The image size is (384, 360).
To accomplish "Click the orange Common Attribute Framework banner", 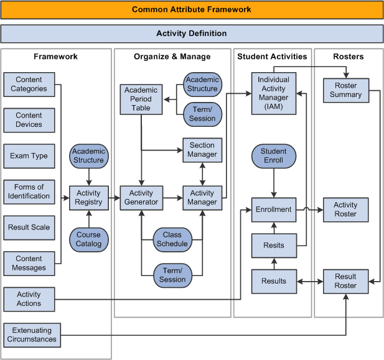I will (192, 10).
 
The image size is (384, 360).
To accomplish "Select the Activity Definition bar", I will (192, 34).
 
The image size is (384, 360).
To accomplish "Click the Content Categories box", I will (29, 85).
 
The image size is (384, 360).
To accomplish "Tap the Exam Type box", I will (29, 156).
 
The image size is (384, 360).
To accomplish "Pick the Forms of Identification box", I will (29, 192).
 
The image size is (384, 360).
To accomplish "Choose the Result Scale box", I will (29, 228).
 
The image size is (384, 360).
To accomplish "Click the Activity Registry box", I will (88, 198).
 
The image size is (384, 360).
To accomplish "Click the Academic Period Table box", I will (141, 99).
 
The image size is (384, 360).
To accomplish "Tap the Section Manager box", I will (202, 150).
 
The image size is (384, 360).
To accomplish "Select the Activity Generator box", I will (141, 198).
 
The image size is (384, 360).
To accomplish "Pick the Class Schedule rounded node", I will (172, 239).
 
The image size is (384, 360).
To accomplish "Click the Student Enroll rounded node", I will (273, 156).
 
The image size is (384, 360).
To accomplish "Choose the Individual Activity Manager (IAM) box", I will (273, 93).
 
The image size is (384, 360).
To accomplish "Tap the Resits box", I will (273, 245).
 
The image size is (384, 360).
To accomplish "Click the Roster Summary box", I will (345, 90).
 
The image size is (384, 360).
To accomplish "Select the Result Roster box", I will (345, 281).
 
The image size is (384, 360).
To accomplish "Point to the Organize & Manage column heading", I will (172, 57).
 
